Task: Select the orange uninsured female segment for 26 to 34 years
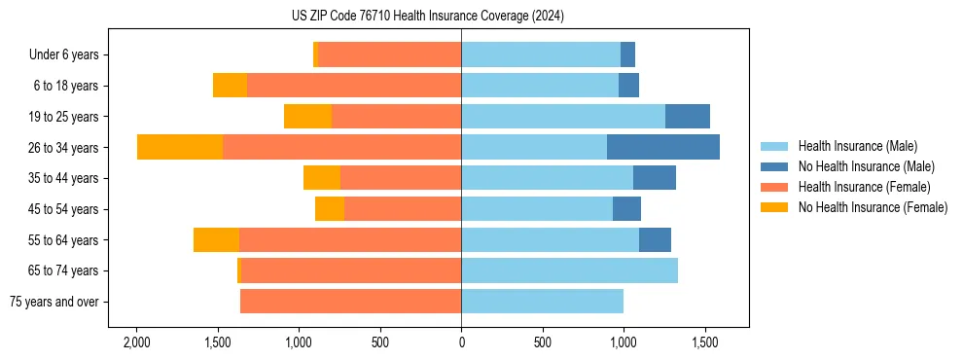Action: pyautogui.click(x=180, y=147)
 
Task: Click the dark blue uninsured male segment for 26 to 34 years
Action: pyautogui.click(x=663, y=147)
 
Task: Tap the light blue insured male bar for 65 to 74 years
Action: pyautogui.click(x=569, y=270)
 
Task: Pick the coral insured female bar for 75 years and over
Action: pyautogui.click(x=350, y=302)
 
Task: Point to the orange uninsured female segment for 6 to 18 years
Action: pyautogui.click(x=230, y=86)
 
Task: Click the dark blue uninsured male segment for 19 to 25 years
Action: pyautogui.click(x=688, y=117)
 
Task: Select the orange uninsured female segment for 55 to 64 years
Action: pyautogui.click(x=216, y=240)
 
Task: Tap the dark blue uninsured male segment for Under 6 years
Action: pyautogui.click(x=628, y=54)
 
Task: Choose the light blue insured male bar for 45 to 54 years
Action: pyautogui.click(x=537, y=209)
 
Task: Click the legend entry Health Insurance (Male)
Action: pyautogui.click(x=857, y=146)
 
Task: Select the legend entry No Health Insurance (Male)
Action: pyautogui.click(x=866, y=166)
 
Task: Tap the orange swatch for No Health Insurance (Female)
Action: pyautogui.click(x=774, y=207)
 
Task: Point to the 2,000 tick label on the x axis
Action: pyautogui.click(x=136, y=342)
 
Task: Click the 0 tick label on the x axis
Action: pyautogui.click(x=461, y=342)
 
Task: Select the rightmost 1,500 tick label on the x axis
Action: pyautogui.click(x=705, y=342)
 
